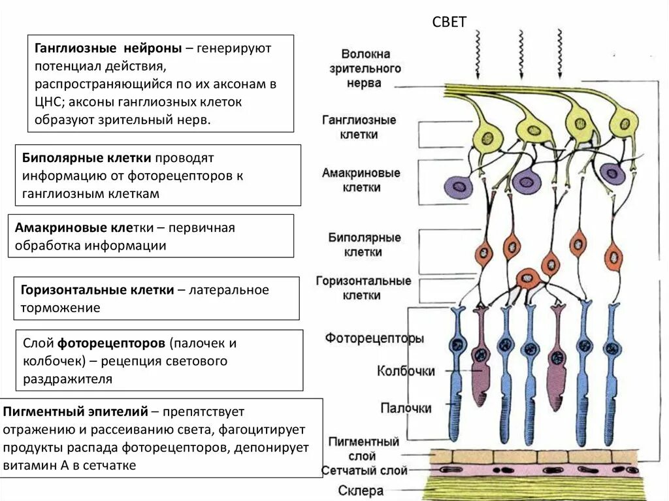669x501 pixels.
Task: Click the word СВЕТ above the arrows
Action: tap(449, 22)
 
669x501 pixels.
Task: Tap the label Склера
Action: tap(361, 490)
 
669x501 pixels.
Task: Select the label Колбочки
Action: tap(406, 371)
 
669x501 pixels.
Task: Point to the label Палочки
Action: tap(406, 408)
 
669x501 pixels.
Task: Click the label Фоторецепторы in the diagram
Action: tap(374, 338)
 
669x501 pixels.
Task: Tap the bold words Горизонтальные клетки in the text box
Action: tap(97, 290)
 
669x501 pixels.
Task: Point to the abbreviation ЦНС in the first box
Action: tap(48, 102)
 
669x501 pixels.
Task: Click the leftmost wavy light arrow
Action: tap(478, 54)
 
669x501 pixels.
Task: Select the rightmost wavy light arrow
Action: tap(559, 54)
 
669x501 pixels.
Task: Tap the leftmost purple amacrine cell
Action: tap(459, 187)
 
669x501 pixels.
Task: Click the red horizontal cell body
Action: tap(527, 278)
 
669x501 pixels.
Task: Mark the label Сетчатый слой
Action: tap(365, 470)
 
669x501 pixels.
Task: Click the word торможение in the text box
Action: tap(60, 308)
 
